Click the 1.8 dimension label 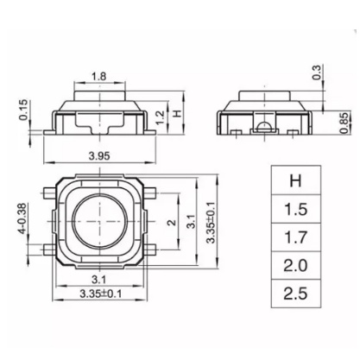(98, 77)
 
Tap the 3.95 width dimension (99, 156)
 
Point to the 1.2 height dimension (161, 117)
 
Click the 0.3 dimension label (316, 73)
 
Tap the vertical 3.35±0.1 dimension (211, 223)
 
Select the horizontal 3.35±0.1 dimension (100, 294)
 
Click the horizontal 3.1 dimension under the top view (98, 279)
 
